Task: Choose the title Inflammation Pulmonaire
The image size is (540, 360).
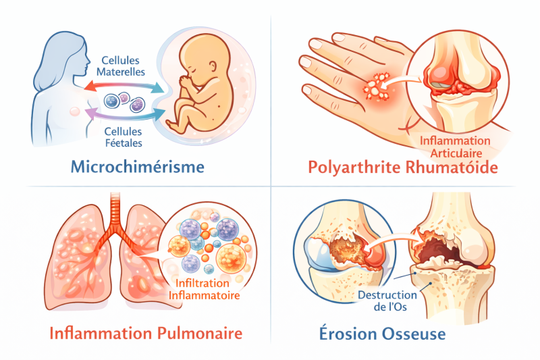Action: click(145, 333)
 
